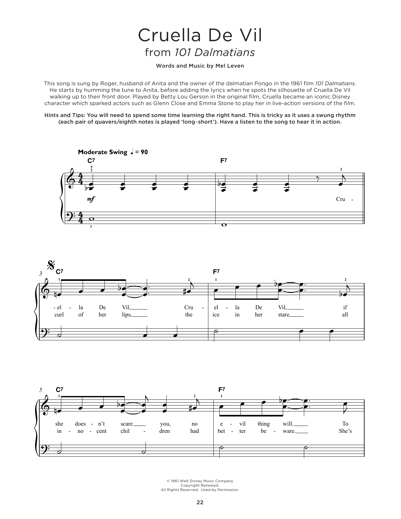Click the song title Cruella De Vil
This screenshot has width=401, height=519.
point(200,36)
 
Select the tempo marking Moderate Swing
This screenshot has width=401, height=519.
point(102,152)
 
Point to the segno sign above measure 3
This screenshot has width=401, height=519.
point(50,266)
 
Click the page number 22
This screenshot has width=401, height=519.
point(200,502)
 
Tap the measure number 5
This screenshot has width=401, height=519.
point(41,390)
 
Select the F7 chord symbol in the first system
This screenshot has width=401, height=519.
point(223,161)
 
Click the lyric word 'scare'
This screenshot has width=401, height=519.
point(127,424)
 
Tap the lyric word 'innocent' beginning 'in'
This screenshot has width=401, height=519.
point(59,431)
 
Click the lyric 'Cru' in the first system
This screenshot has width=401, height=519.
point(341,199)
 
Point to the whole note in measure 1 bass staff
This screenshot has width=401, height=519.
point(91,219)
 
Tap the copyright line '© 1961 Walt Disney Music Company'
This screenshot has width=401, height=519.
point(200,481)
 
